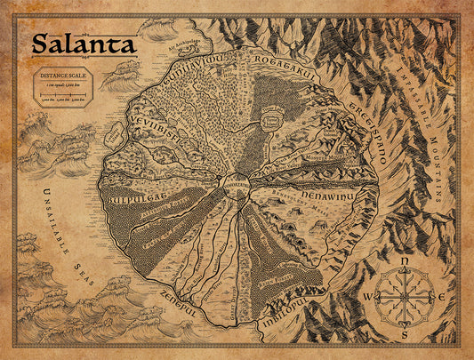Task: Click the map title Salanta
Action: click(84, 44)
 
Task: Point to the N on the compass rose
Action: click(405, 261)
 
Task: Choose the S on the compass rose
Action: click(405, 336)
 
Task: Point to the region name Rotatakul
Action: click(285, 71)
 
